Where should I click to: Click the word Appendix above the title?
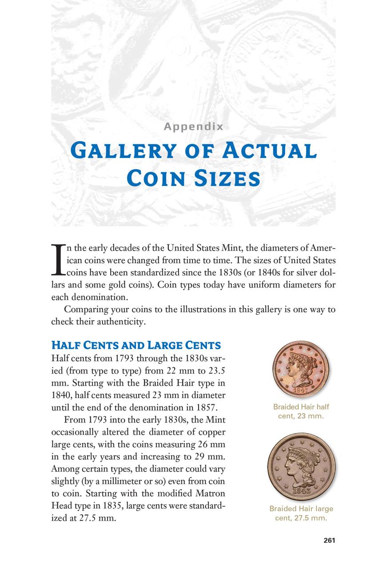pos(193,126)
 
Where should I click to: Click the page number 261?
pos(329,540)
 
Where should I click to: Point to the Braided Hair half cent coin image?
pos(301,369)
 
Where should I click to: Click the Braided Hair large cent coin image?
pos(301,468)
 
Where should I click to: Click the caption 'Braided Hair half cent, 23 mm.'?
pos(301,411)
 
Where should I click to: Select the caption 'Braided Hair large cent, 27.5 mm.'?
pos(301,513)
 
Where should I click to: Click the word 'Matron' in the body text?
pos(211,493)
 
